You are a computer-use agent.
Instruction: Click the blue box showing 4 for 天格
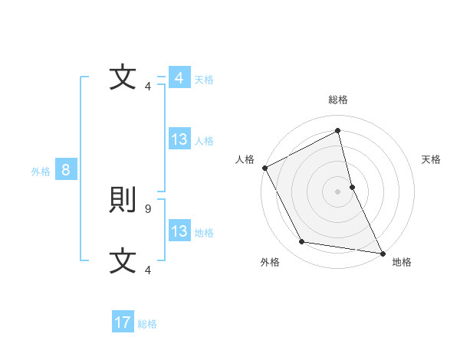[x=179, y=78]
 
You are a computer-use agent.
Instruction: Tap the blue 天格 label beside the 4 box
[x=204, y=79]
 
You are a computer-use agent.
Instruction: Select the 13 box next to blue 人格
[x=179, y=139]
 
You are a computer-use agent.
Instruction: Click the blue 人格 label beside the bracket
[x=204, y=140]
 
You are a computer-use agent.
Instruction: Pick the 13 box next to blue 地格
[x=179, y=231]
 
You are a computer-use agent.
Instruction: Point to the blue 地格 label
[x=204, y=232]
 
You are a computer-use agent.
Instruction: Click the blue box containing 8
[x=66, y=170]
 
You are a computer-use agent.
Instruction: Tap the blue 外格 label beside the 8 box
[x=41, y=172]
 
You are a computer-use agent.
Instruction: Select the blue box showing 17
[x=123, y=322]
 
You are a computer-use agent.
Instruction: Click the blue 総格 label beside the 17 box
[x=147, y=324]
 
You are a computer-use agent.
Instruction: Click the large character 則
[x=123, y=201]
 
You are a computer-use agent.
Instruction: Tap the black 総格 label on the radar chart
[x=338, y=100]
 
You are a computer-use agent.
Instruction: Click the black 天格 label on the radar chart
[x=431, y=159]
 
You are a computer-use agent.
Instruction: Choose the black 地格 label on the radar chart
[x=402, y=262]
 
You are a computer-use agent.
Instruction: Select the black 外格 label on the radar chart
[x=270, y=262]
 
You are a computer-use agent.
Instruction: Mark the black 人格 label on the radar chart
[x=245, y=159]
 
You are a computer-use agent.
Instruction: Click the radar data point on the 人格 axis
[x=264, y=168]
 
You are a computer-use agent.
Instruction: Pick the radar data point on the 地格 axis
[x=383, y=253]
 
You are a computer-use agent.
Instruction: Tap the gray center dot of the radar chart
[x=338, y=191]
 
